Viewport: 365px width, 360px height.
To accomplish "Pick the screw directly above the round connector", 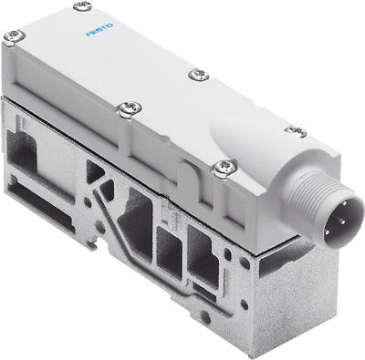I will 294,132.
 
